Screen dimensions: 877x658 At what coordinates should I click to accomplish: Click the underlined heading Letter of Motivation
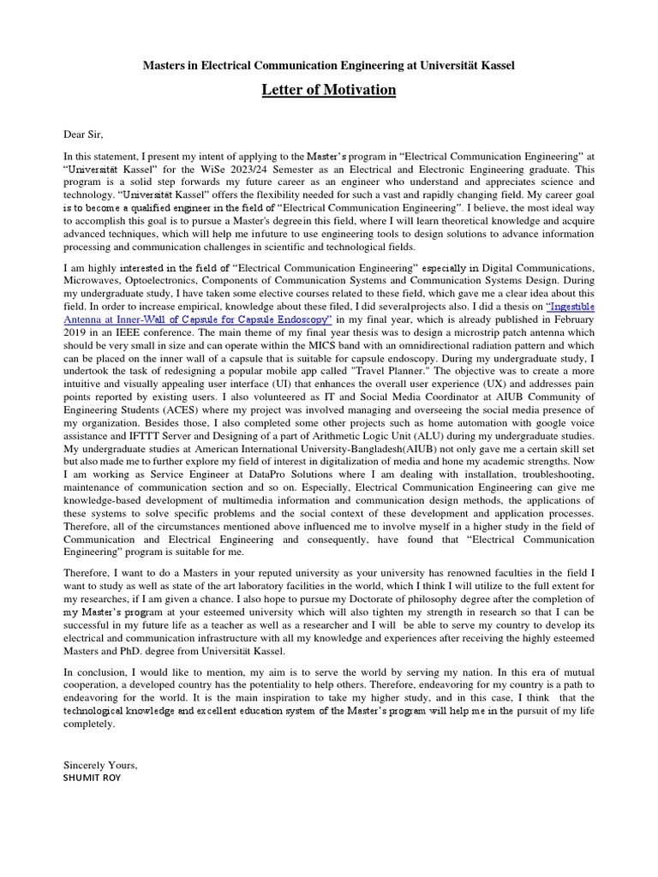[329, 90]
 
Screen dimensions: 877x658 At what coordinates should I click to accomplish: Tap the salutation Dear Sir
[83, 134]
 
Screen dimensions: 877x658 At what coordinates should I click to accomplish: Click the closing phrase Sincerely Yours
[100, 764]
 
